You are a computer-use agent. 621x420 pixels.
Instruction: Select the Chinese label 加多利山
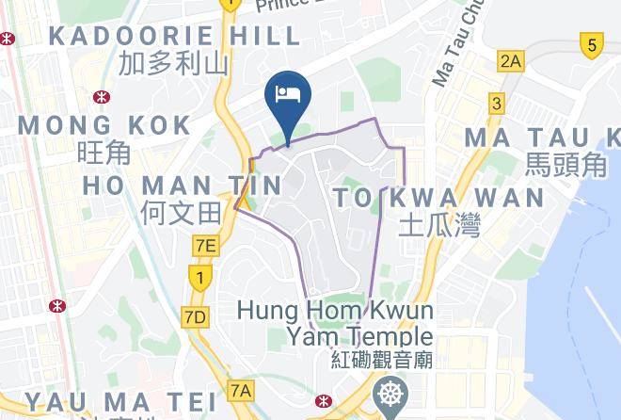(174, 63)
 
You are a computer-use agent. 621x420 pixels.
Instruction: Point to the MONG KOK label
(104, 124)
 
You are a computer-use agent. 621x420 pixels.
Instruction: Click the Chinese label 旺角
(103, 152)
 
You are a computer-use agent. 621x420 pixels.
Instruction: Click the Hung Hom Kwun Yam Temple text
(336, 323)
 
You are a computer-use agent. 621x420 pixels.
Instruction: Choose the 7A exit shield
(241, 389)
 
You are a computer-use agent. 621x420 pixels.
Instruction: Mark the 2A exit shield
(511, 62)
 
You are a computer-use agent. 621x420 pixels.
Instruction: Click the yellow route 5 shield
(591, 43)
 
